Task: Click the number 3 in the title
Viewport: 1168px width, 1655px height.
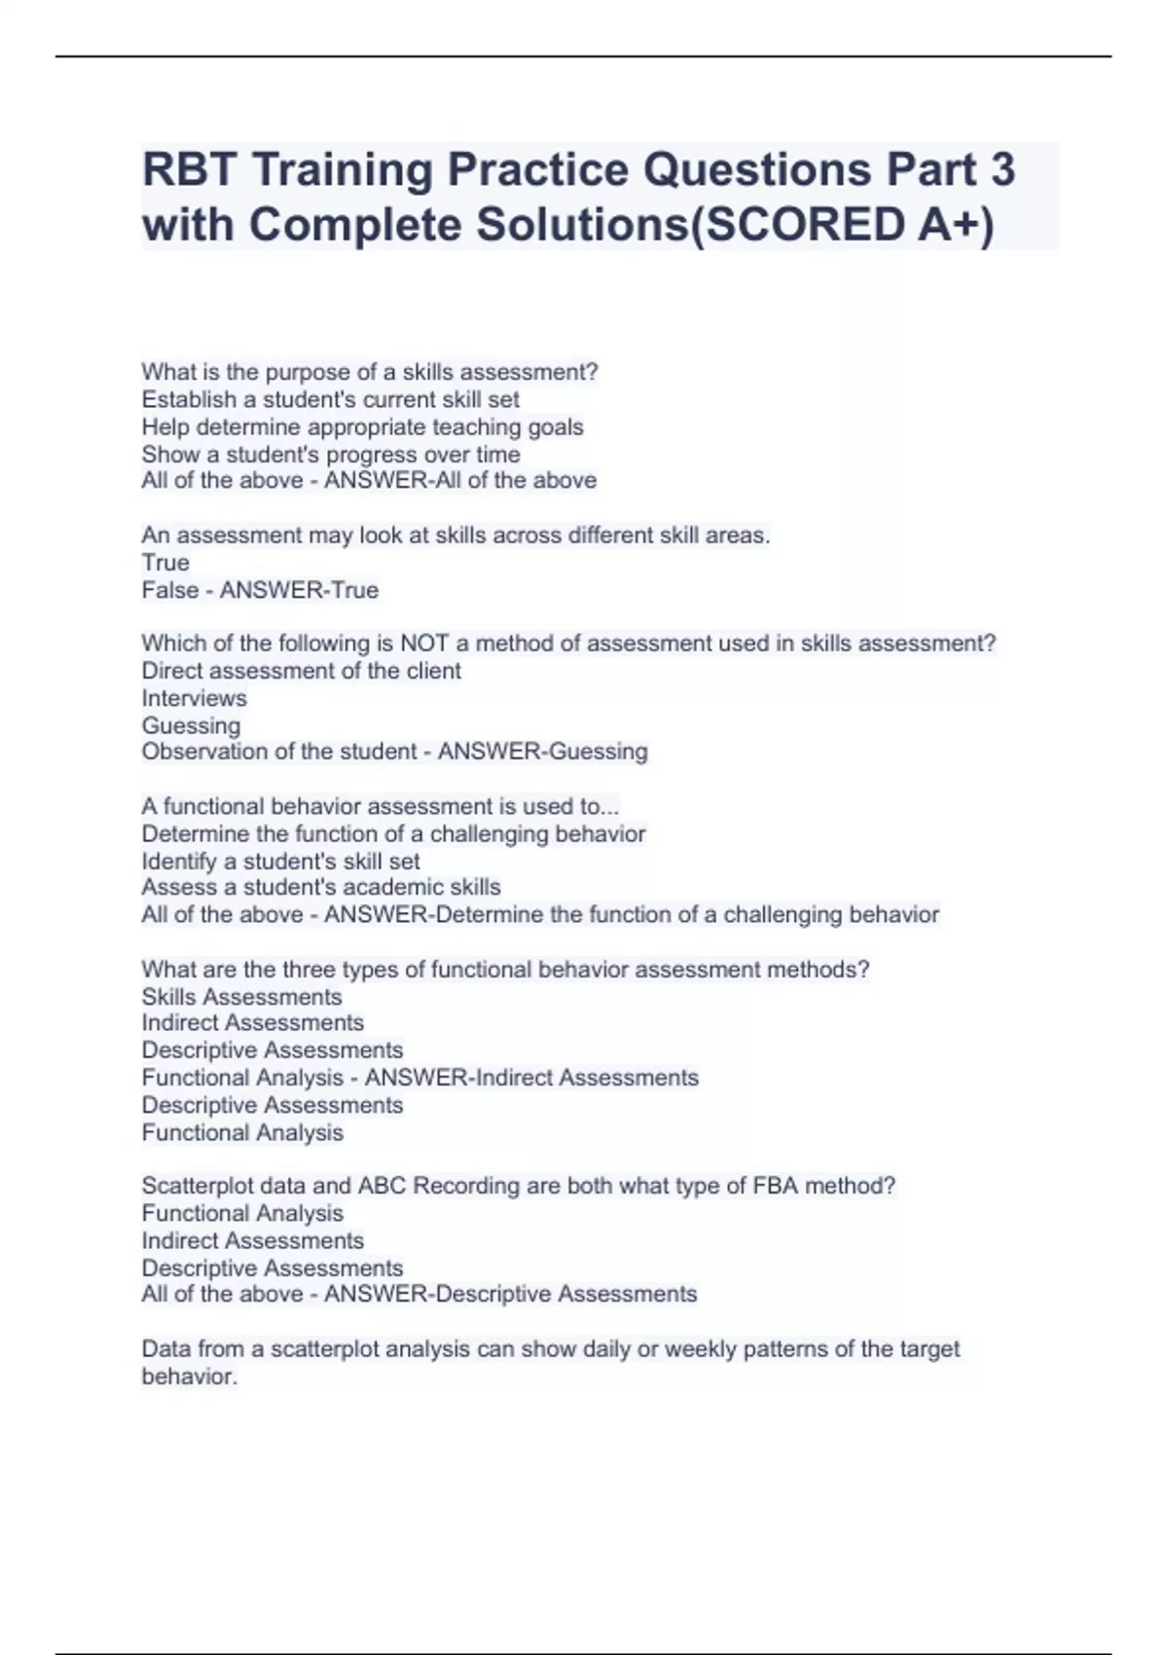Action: point(1003,169)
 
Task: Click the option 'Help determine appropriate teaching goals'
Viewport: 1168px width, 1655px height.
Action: point(362,426)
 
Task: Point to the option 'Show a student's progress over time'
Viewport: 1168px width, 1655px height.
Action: point(331,454)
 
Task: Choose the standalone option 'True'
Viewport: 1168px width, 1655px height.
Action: point(165,563)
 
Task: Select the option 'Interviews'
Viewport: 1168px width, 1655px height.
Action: point(194,698)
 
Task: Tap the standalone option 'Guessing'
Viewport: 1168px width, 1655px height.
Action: point(191,725)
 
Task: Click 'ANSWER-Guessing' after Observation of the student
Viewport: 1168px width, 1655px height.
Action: point(542,752)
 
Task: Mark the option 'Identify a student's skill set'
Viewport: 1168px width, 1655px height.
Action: point(280,861)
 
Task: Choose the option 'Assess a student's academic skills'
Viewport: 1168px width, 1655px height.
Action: point(321,887)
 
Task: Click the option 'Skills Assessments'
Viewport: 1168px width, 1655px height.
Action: point(241,997)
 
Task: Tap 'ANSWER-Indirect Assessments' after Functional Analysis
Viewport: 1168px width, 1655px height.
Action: point(531,1078)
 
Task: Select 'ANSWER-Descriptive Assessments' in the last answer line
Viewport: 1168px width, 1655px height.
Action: point(510,1294)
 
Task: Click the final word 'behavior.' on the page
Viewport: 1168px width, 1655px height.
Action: point(189,1377)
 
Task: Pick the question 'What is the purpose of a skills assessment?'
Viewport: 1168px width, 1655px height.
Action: point(370,372)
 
